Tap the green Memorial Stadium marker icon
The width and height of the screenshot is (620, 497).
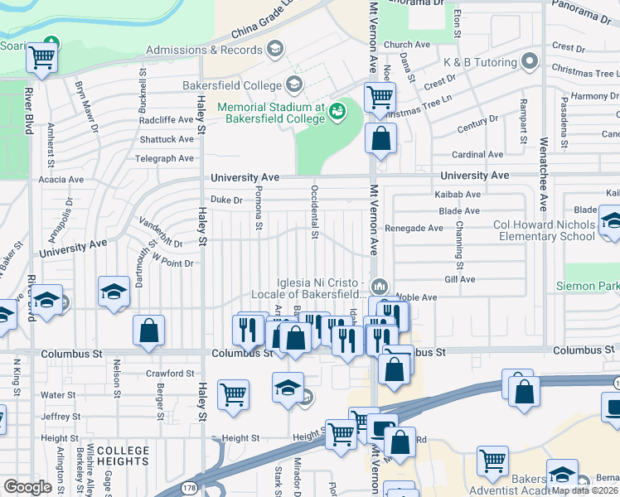pyautogui.click(x=337, y=111)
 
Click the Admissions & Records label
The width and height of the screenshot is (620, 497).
pyautogui.click(x=204, y=50)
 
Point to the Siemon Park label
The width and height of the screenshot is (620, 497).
pyautogui.click(x=590, y=286)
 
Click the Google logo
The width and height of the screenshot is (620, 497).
pyautogui.click(x=27, y=487)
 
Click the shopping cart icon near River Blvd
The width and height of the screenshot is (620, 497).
pyautogui.click(x=41, y=59)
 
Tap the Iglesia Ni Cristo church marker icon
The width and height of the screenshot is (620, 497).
pyautogui.click(x=380, y=287)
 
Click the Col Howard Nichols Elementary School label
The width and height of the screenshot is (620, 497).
pyautogui.click(x=531, y=230)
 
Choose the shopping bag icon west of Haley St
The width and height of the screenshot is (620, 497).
pyautogui.click(x=148, y=331)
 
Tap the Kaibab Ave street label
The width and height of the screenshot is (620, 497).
pyautogui.click(x=460, y=195)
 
